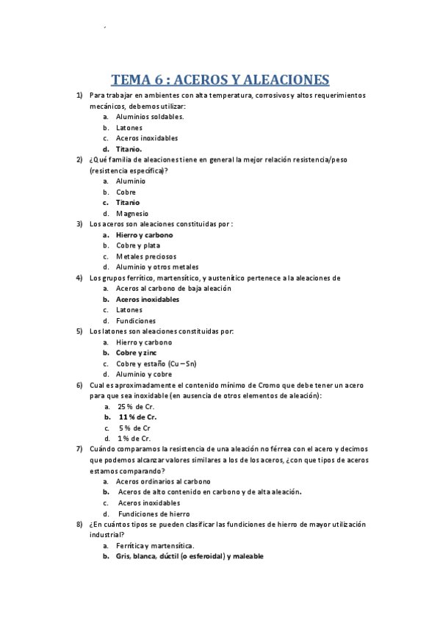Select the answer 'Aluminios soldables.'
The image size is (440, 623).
point(150,116)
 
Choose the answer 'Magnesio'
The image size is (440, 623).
point(132,213)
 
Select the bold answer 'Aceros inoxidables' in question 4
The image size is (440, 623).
point(147,299)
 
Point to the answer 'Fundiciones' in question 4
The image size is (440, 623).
point(136,320)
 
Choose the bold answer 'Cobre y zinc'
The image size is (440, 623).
point(136,353)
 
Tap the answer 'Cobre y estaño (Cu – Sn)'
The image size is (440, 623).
point(156,363)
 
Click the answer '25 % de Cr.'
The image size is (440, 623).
point(135,406)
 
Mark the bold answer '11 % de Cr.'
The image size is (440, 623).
point(137,417)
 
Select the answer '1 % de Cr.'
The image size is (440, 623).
point(134,438)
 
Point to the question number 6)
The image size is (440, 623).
point(79,385)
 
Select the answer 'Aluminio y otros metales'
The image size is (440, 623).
point(156,267)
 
